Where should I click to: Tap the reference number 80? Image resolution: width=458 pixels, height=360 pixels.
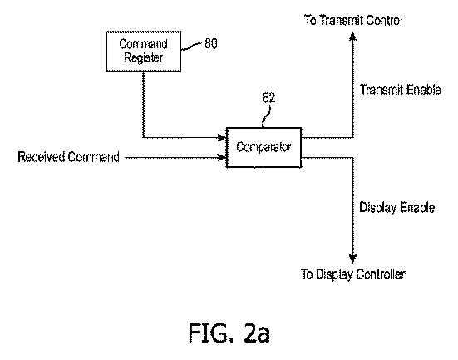(x=211, y=43)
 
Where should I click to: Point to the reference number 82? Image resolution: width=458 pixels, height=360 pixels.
(x=269, y=97)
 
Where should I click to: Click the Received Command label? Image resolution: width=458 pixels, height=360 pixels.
(x=69, y=157)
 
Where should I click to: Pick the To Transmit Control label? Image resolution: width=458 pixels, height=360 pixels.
(x=353, y=20)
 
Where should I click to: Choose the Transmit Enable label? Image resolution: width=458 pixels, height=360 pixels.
(x=401, y=90)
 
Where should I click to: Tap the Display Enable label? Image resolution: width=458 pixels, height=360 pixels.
(x=397, y=208)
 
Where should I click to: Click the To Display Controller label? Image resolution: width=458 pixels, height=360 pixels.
(x=353, y=274)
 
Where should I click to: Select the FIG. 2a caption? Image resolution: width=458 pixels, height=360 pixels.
(x=229, y=333)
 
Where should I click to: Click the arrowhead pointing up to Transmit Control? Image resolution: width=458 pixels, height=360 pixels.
(x=352, y=37)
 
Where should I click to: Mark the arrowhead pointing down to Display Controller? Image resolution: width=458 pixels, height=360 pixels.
(x=352, y=259)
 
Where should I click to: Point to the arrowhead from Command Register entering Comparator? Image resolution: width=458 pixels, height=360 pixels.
(x=222, y=137)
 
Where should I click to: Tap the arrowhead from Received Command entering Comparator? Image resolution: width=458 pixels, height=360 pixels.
(x=222, y=157)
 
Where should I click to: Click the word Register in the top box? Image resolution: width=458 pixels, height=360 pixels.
(x=144, y=57)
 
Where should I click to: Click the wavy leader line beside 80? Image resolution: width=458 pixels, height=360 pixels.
(x=192, y=47)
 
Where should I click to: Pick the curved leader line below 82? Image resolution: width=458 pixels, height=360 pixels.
(x=266, y=116)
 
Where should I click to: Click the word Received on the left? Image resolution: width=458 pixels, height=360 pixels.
(x=42, y=156)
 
